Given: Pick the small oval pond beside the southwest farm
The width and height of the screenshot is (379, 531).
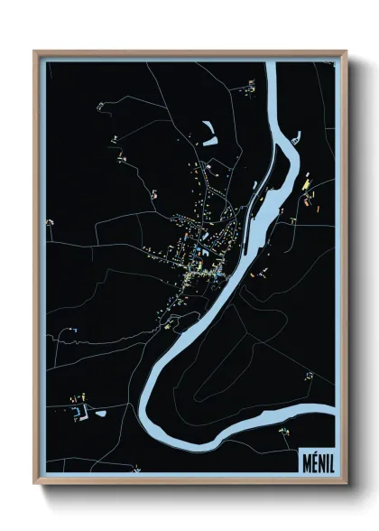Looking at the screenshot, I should [100, 414].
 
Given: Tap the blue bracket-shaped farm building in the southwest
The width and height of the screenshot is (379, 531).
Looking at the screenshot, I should [83, 411].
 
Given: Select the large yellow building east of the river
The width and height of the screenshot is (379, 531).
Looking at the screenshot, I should [306, 184].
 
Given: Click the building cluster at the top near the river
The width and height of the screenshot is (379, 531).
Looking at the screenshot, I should [250, 87].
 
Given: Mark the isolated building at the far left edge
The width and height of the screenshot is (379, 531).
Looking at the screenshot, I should [50, 223].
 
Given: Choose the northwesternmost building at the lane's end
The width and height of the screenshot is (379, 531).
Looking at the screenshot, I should [100, 107].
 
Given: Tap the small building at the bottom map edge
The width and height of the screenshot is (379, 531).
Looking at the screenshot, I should [135, 469].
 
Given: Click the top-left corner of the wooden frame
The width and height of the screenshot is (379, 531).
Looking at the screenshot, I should [35, 52].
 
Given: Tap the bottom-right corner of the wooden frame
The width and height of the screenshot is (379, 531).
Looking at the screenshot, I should [346, 481].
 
